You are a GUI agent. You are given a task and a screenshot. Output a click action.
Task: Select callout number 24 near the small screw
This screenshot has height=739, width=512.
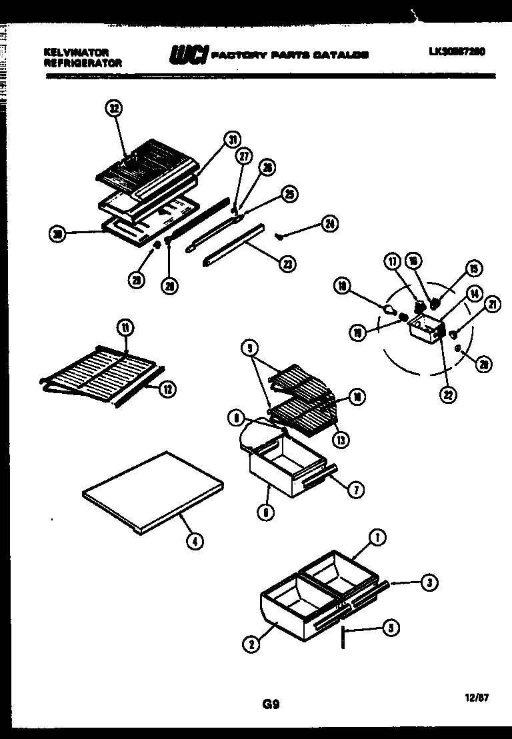(x=329, y=224)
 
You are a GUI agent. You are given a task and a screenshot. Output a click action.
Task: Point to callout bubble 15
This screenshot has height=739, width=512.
(x=474, y=269)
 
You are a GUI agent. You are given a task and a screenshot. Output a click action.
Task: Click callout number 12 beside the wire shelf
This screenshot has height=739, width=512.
(x=168, y=388)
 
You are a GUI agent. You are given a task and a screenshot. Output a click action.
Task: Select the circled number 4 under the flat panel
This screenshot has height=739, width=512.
(x=194, y=542)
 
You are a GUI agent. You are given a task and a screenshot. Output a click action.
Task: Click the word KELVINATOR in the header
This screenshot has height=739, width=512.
(x=75, y=51)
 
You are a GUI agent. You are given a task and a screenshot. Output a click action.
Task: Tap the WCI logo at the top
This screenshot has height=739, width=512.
(x=189, y=55)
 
